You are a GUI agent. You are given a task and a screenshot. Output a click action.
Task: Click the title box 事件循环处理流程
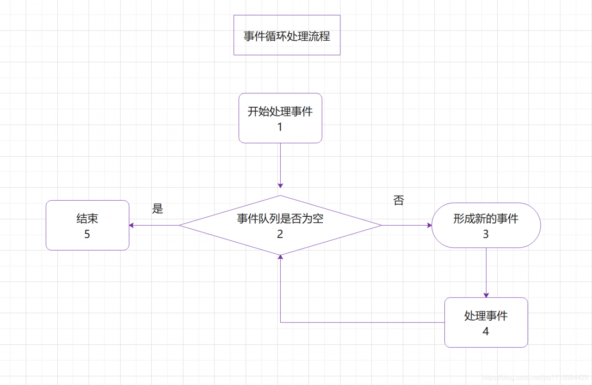(x=287, y=35)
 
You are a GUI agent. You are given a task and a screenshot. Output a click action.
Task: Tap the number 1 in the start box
(x=280, y=127)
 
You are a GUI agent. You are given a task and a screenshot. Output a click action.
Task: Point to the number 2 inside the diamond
(x=280, y=234)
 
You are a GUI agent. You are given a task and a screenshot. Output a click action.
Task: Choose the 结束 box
(x=87, y=225)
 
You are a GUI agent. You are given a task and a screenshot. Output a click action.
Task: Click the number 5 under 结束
(x=87, y=234)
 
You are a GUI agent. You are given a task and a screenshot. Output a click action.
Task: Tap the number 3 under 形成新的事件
(x=486, y=234)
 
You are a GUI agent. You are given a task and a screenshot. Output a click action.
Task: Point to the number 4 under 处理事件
(x=486, y=331)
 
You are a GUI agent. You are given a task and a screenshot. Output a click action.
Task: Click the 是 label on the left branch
(x=158, y=209)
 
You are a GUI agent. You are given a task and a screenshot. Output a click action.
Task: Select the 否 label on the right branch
(x=399, y=201)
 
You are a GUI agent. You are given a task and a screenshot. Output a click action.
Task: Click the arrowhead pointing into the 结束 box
(x=132, y=226)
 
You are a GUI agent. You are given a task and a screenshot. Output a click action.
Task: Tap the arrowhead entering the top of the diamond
(x=280, y=185)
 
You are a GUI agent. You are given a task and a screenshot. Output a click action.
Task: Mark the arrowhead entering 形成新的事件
(x=429, y=226)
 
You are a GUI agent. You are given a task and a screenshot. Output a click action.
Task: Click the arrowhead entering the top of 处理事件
(x=486, y=295)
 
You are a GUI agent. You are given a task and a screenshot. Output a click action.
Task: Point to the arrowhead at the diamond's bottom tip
(x=280, y=258)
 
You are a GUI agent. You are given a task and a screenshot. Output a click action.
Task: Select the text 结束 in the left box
(x=87, y=219)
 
